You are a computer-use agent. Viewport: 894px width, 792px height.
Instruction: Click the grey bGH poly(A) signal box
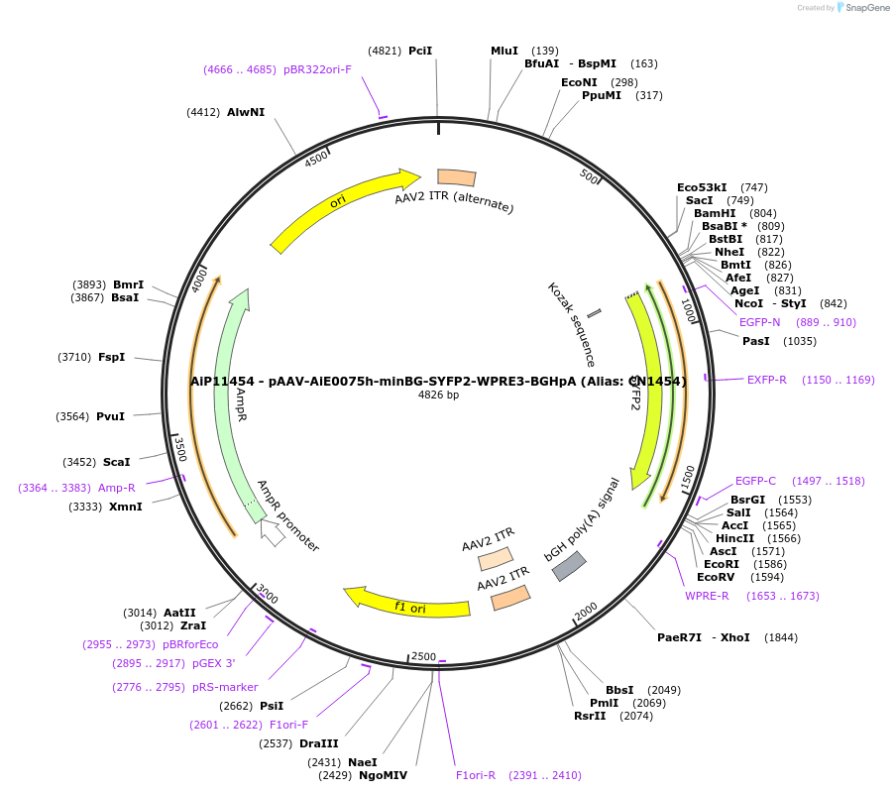(x=569, y=565)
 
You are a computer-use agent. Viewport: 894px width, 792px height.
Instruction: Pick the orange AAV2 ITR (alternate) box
(x=456, y=177)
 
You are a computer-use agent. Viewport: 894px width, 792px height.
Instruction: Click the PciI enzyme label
(x=420, y=51)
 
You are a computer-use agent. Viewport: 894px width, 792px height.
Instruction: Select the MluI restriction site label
(x=504, y=51)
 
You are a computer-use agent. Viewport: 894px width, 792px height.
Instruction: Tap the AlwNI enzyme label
(x=246, y=112)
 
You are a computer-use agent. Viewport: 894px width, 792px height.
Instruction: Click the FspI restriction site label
(x=111, y=357)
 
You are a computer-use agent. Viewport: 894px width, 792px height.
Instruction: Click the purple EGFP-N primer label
(x=759, y=322)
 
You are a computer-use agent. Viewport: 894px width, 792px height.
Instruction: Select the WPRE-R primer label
(x=707, y=596)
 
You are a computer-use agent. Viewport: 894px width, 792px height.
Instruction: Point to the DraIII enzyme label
(x=319, y=743)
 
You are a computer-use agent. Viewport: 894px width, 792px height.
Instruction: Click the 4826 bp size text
(x=438, y=395)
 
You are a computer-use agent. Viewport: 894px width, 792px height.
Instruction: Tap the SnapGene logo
(x=859, y=8)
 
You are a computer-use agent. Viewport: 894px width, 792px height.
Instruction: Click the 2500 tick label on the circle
(x=423, y=656)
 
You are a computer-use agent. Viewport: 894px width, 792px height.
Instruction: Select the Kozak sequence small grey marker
(x=594, y=313)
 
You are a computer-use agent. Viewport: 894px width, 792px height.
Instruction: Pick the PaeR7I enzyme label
(x=679, y=637)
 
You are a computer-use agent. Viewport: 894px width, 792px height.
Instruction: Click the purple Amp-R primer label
(x=117, y=488)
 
